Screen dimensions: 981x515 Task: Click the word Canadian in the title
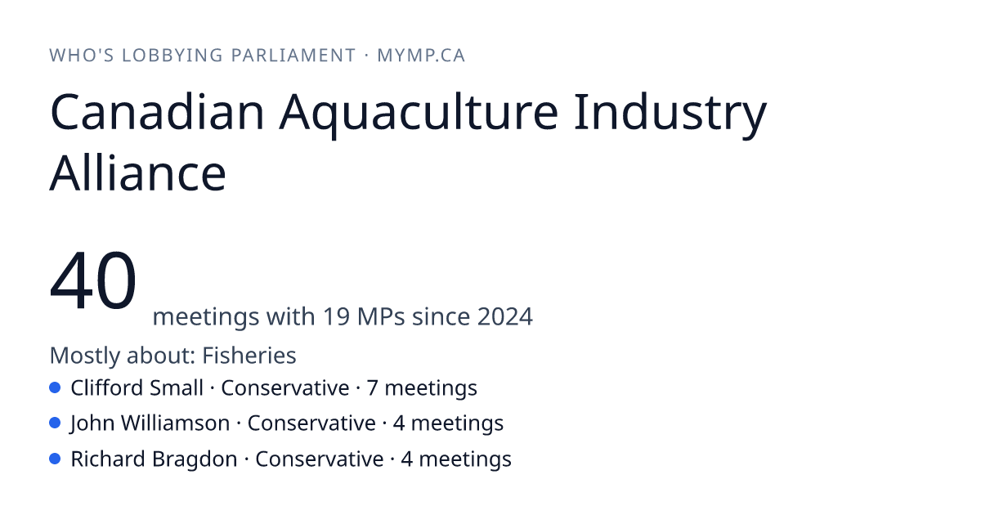pos(157,112)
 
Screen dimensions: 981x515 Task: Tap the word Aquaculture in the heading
pos(419,114)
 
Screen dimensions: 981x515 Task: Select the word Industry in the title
pos(670,115)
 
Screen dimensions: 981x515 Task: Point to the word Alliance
pos(138,173)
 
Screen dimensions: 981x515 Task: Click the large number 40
pos(93,280)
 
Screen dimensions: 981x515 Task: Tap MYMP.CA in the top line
pos(421,56)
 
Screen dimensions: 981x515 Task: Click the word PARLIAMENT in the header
pos(293,56)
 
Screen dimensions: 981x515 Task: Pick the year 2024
pos(505,316)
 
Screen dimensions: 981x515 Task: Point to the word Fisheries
pos(249,355)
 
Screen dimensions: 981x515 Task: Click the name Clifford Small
pos(137,388)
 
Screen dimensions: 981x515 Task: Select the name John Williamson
pos(150,423)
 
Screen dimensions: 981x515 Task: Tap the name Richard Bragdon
pos(154,459)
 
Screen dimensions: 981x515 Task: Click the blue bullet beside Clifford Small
pos(55,387)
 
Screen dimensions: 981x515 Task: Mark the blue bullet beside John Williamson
pos(55,423)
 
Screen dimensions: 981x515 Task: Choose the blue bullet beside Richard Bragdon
pos(55,459)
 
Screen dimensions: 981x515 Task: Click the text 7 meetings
pos(422,388)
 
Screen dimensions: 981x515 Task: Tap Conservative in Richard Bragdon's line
pos(320,459)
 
